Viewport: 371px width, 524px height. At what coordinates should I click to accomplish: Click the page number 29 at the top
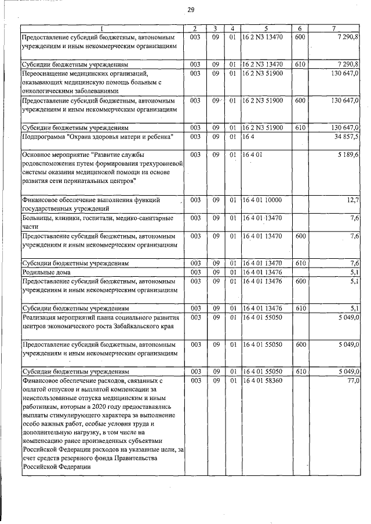point(191,9)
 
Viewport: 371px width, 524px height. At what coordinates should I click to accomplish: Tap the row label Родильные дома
point(43,272)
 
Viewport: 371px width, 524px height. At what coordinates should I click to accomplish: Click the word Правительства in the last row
point(130,459)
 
